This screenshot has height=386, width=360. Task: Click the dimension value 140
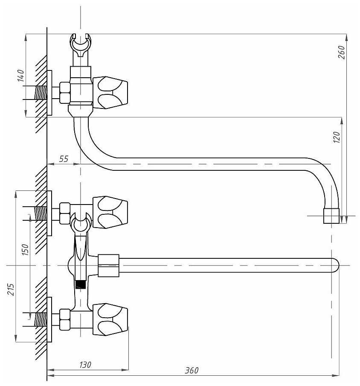point(21,76)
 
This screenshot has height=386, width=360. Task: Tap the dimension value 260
point(342,52)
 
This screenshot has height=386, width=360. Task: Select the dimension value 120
point(337,137)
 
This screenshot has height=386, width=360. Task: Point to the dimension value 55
point(64,159)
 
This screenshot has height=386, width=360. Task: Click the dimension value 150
point(25,249)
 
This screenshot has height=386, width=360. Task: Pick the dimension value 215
point(11,289)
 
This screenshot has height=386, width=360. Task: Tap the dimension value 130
point(85,365)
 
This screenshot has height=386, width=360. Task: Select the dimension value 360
point(192,371)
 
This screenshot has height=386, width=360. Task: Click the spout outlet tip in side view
point(331,216)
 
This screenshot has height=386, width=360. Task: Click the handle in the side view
point(110,93)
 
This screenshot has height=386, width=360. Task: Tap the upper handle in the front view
point(110,212)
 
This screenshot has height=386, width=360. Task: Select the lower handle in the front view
point(110,319)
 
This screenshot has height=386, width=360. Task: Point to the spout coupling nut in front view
point(108,266)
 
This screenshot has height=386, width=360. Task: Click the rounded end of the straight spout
point(335,266)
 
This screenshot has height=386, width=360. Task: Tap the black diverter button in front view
point(81,284)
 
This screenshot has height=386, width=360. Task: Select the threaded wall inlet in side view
point(41,93)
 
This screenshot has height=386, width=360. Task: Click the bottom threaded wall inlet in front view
point(41,319)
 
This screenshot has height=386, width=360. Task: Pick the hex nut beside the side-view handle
point(65,93)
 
